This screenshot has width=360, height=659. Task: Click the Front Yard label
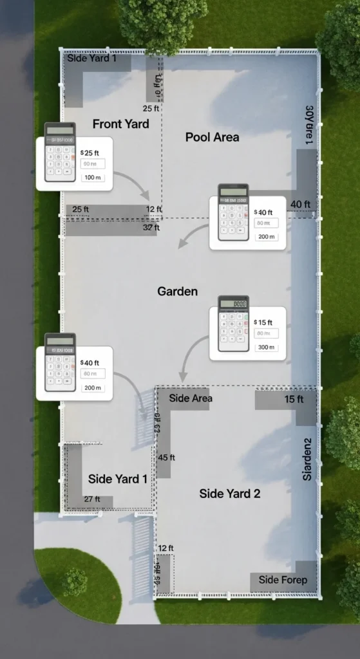121,124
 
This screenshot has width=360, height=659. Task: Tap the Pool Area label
212,137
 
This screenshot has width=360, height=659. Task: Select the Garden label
177,292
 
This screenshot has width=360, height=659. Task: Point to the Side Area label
191,398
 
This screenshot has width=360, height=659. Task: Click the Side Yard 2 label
230,494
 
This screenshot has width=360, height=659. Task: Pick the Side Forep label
283,580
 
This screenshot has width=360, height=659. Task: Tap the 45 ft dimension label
166,458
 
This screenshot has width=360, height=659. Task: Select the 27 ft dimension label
92,499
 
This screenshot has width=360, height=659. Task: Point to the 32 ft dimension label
151,227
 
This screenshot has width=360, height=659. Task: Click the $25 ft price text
90,153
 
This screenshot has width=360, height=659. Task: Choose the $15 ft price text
263,322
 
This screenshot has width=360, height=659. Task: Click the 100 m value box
93,177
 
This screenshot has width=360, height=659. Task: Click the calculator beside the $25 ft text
60,153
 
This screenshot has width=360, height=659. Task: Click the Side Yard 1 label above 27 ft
117,479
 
